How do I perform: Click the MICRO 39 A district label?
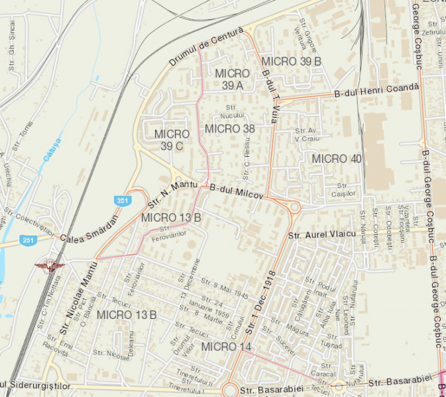[232, 79]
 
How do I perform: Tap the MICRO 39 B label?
[291, 61]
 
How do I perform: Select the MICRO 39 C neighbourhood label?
[171, 140]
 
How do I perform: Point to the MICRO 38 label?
[230, 128]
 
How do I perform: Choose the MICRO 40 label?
[337, 159]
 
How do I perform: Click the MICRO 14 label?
[227, 347]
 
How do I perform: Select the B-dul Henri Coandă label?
[377, 90]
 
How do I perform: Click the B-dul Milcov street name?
[237, 193]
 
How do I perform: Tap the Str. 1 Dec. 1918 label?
[260, 301]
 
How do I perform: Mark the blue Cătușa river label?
[52, 151]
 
